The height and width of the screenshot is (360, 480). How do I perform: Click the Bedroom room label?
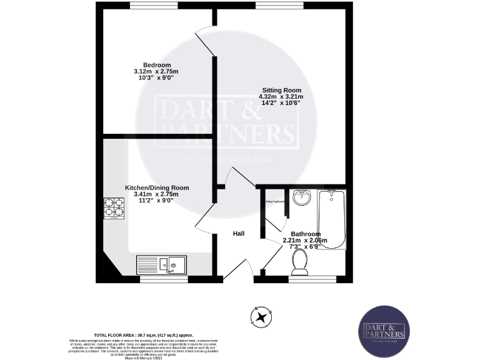pyautogui.click(x=157, y=66)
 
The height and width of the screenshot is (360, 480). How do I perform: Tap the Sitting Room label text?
pyautogui.click(x=281, y=90)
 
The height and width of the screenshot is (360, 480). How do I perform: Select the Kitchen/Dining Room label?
pyautogui.click(x=157, y=188)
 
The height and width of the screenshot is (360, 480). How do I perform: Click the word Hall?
pyautogui.click(x=239, y=234)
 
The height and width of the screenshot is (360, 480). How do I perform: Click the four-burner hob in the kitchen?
pyautogui.click(x=114, y=208)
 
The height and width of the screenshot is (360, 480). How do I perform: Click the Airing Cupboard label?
pyautogui.click(x=275, y=202)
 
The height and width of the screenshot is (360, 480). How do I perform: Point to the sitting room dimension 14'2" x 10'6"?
pyautogui.click(x=281, y=103)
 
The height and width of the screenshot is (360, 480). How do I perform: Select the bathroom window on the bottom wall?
pyautogui.click(x=312, y=279)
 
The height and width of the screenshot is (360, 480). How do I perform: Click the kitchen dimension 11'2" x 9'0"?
pyautogui.click(x=157, y=201)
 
